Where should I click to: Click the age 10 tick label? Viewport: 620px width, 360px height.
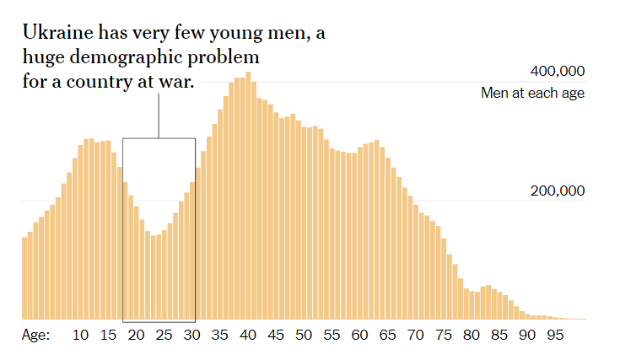pyautogui.click(x=81, y=336)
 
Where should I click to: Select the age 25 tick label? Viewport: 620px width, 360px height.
pyautogui.click(x=164, y=336)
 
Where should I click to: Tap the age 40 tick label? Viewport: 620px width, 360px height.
pyautogui.click(x=248, y=336)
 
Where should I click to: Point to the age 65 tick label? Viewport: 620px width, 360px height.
pyautogui.click(x=387, y=336)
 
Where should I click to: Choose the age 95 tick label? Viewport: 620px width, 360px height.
pyautogui.click(x=554, y=336)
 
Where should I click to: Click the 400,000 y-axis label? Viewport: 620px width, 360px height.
pyautogui.click(x=557, y=71)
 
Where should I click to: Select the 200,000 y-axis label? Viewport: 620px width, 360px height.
pyautogui.click(x=557, y=191)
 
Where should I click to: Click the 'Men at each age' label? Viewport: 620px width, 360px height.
pyautogui.click(x=532, y=93)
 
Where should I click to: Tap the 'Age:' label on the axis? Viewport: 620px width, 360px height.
pyautogui.click(x=35, y=336)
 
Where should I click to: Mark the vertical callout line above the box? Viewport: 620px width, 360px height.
pyautogui.click(x=159, y=115)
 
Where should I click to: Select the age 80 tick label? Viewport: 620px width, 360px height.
pyautogui.click(x=471, y=336)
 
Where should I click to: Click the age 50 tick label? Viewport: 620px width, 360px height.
pyautogui.click(x=304, y=336)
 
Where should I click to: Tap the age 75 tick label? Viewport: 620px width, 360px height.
pyautogui.click(x=443, y=336)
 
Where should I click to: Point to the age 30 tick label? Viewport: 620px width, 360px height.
pyautogui.click(x=192, y=336)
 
